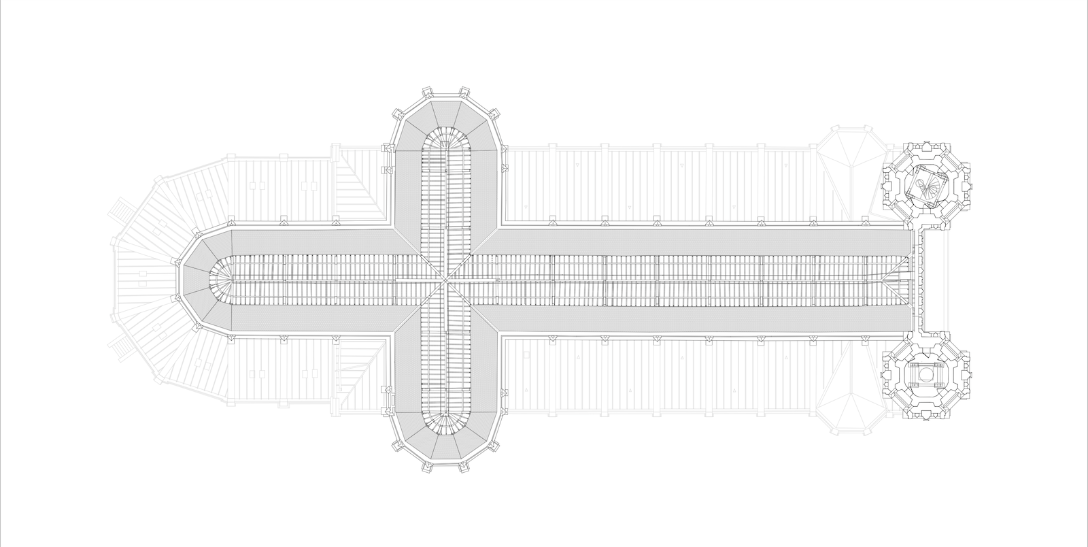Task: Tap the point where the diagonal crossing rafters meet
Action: click(x=447, y=280)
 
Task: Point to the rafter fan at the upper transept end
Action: click(x=447, y=140)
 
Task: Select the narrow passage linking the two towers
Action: click(x=925, y=280)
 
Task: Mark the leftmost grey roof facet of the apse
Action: click(x=192, y=280)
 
